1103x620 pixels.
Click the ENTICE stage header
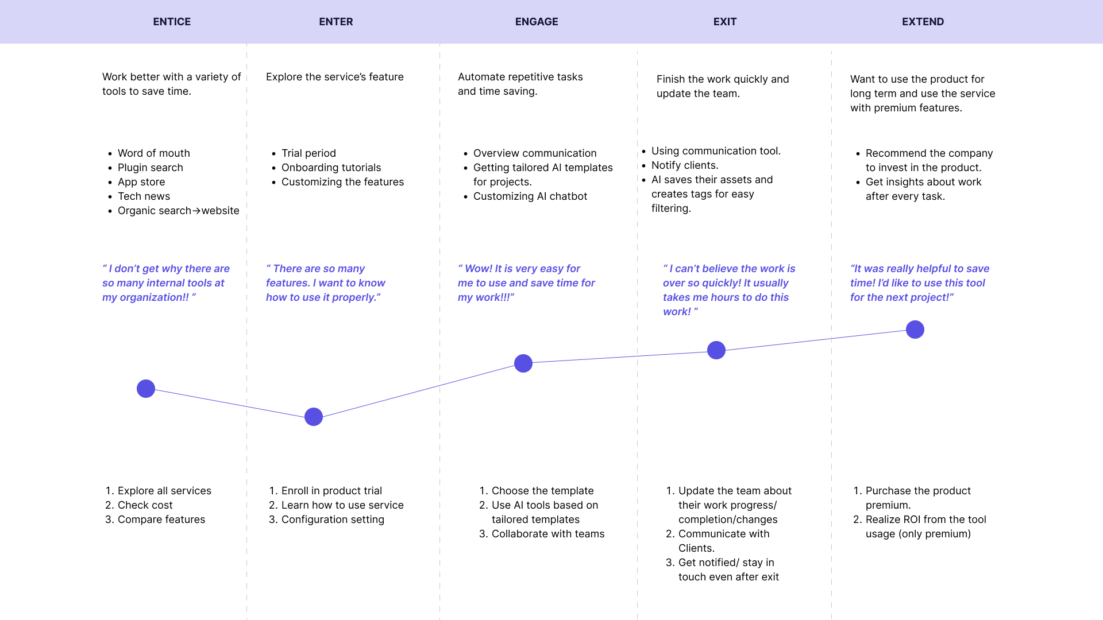click(172, 22)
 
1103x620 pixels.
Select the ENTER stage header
click(336, 22)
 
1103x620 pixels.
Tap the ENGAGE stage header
click(537, 22)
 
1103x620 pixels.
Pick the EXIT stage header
click(725, 22)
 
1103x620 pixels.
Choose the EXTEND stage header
click(923, 22)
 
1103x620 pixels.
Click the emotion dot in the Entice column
click(146, 389)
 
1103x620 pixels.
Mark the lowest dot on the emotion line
click(314, 417)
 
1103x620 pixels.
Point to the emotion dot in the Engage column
click(523, 363)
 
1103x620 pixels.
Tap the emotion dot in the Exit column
click(716, 350)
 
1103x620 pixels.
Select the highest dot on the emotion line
click(915, 330)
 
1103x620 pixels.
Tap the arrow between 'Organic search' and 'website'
click(196, 211)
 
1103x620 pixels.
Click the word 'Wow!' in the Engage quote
click(478, 269)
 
